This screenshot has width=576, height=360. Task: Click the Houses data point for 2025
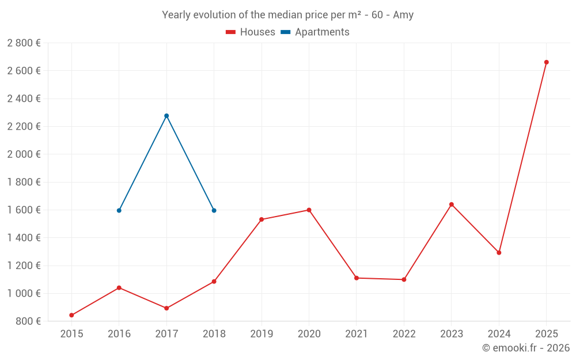click(x=546, y=62)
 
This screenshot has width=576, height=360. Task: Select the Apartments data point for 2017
click(x=166, y=116)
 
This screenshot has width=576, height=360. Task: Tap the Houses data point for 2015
click(x=71, y=315)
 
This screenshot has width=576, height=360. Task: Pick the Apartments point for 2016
click(x=119, y=210)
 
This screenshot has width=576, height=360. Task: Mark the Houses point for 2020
click(x=309, y=210)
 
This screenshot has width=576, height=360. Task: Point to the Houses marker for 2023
click(x=452, y=204)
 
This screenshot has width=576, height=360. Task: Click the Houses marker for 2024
click(x=499, y=253)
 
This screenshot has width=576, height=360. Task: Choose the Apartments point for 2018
click(x=214, y=210)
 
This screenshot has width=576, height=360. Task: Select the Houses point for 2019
click(x=262, y=219)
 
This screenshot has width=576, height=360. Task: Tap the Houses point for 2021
click(x=357, y=278)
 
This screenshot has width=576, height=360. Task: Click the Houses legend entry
click(x=251, y=32)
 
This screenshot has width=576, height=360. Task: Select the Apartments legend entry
click(x=315, y=32)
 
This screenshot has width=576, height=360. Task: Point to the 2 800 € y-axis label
click(x=24, y=43)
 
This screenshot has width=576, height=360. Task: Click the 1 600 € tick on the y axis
click(x=24, y=210)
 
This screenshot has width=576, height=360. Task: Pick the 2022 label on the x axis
click(x=404, y=334)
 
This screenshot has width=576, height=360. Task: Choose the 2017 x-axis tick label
click(x=166, y=334)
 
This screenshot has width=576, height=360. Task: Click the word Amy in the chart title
click(x=403, y=15)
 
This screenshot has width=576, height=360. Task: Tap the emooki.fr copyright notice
click(x=526, y=348)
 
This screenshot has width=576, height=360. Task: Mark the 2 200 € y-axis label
click(x=24, y=127)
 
